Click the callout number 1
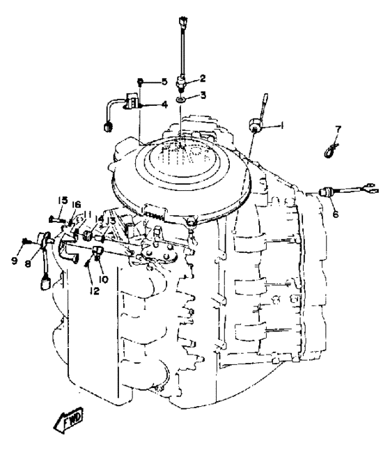[281, 125]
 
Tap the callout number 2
[203, 78]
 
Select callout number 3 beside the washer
[203, 95]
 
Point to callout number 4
[164, 104]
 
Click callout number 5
[164, 82]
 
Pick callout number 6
[336, 214]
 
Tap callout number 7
[338, 129]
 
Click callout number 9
[15, 261]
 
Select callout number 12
[94, 291]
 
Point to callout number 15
[63, 201]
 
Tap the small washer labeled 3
[180, 100]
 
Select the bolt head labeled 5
[140, 82]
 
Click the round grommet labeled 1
[255, 125]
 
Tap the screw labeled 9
[25, 240]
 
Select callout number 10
[103, 279]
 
